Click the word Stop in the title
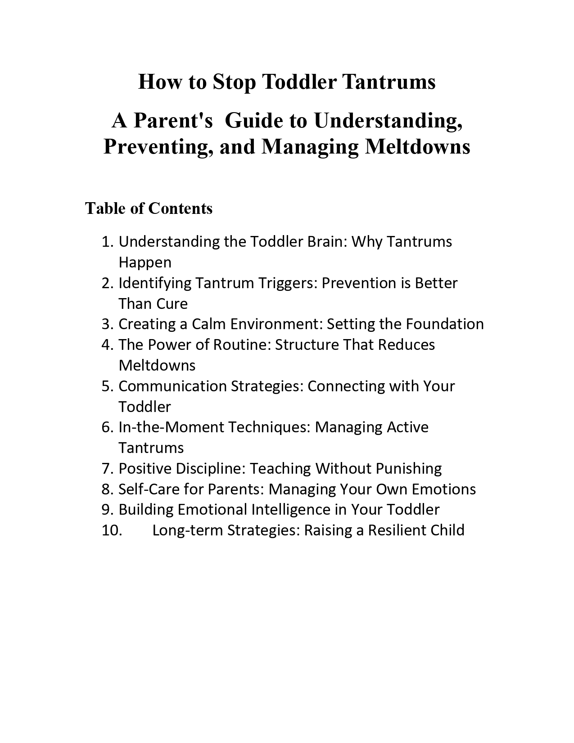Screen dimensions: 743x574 tap(234, 82)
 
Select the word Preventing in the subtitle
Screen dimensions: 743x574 tap(158, 147)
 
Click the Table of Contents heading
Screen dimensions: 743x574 tap(149, 208)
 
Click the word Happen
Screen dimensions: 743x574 tap(145, 263)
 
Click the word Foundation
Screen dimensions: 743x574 tap(444, 324)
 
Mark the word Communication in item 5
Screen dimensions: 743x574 tap(172, 386)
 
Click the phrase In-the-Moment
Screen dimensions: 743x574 tap(171, 427)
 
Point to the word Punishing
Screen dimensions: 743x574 tap(408, 469)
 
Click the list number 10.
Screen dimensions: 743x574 tap(112, 530)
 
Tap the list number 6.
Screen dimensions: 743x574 tap(107, 427)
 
